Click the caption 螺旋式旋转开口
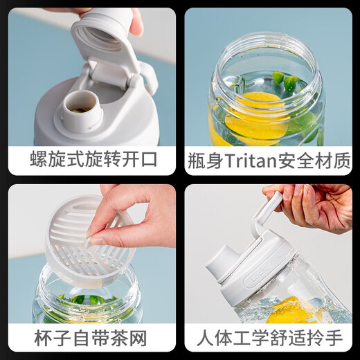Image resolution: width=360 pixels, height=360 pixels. point(93,160)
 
